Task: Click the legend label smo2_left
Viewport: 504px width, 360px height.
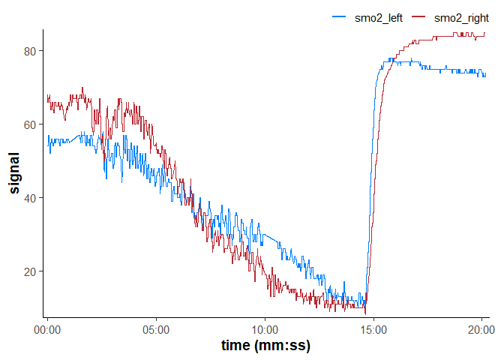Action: pyautogui.click(x=379, y=17)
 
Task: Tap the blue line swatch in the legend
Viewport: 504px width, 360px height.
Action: pyautogui.click(x=338, y=17)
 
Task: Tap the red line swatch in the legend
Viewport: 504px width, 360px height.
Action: pyautogui.click(x=418, y=17)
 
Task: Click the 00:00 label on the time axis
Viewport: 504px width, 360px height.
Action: pyautogui.click(x=47, y=328)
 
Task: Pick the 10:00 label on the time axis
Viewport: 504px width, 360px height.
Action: pyautogui.click(x=265, y=328)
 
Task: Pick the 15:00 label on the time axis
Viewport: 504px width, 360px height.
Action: pyautogui.click(x=373, y=328)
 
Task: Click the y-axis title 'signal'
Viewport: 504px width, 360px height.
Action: pyautogui.click(x=14, y=172)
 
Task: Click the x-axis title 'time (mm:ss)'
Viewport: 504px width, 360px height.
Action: pyautogui.click(x=265, y=346)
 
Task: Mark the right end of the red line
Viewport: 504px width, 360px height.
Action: pyautogui.click(x=484, y=32)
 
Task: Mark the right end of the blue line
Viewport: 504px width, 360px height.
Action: pyautogui.click(x=484, y=74)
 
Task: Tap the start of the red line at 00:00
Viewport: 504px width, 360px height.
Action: pyautogui.click(x=47, y=96)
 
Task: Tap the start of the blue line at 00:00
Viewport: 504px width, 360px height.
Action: pyautogui.click(x=47, y=137)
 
